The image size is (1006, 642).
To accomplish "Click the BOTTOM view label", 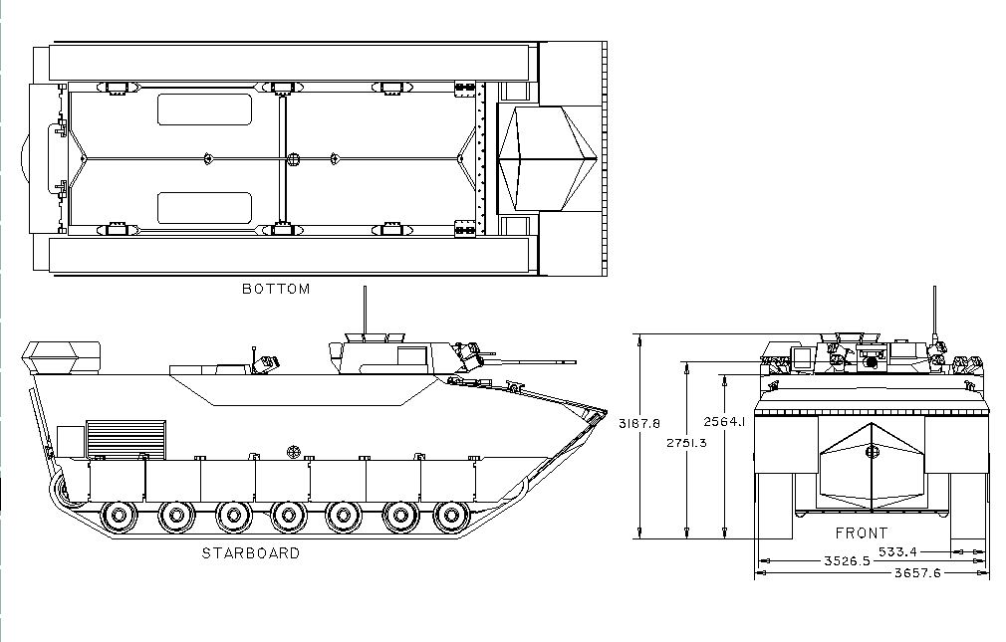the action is [x=276, y=289].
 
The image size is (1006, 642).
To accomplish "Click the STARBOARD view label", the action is [x=251, y=552].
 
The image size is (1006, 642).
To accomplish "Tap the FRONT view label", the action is [x=862, y=533].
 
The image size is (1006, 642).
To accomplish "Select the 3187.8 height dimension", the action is [x=639, y=423].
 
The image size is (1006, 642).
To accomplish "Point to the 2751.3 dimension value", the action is [x=686, y=443].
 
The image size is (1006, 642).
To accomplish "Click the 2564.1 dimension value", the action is [x=724, y=421].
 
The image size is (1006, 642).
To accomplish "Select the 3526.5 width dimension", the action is [x=847, y=561].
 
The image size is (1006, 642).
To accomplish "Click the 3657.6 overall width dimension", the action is [x=917, y=572].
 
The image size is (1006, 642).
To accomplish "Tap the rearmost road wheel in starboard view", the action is [x=119, y=515].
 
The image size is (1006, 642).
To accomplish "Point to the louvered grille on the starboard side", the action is [x=126, y=439].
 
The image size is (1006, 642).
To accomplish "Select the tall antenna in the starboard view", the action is [x=366, y=311].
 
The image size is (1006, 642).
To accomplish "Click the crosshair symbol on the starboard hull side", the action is [x=295, y=452].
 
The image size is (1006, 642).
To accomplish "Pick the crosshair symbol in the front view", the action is [x=872, y=452].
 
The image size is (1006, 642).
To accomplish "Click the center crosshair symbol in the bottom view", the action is [x=293, y=158].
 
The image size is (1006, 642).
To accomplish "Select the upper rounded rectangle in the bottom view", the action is [x=204, y=109].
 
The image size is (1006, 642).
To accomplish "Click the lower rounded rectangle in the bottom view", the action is [x=204, y=208].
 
